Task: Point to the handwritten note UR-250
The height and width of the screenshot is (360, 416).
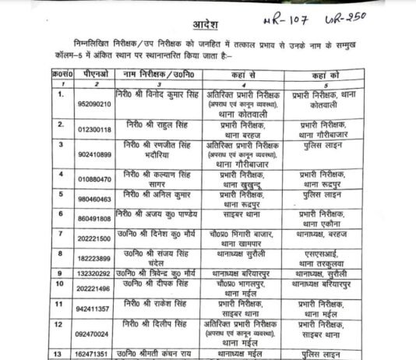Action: click(x=369, y=16)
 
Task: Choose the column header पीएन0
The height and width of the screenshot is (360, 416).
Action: click(x=71, y=72)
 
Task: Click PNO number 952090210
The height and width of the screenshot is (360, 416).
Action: click(x=71, y=104)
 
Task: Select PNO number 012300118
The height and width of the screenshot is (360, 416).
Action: click(x=71, y=129)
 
